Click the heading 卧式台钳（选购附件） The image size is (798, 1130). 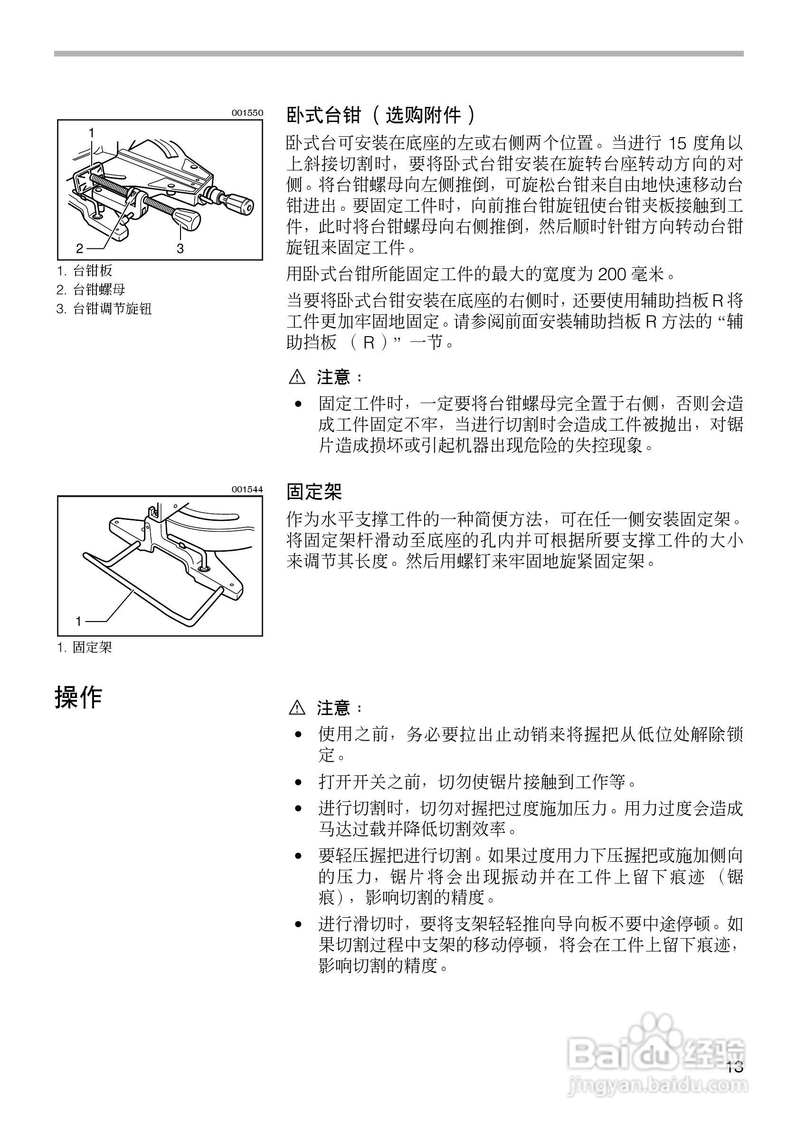381,116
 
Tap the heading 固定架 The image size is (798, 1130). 314,491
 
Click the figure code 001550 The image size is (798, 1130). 247,113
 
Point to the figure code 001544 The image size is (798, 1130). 247,489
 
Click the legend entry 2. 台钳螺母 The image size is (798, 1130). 91,290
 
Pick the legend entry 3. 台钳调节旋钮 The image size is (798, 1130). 104,309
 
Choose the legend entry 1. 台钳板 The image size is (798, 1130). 85,270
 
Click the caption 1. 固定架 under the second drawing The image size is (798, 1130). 85,647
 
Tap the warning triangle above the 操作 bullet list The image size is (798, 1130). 297,708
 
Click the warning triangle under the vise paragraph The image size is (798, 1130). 297,377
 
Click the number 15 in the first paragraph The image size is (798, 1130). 678,144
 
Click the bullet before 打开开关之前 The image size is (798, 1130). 298,782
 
